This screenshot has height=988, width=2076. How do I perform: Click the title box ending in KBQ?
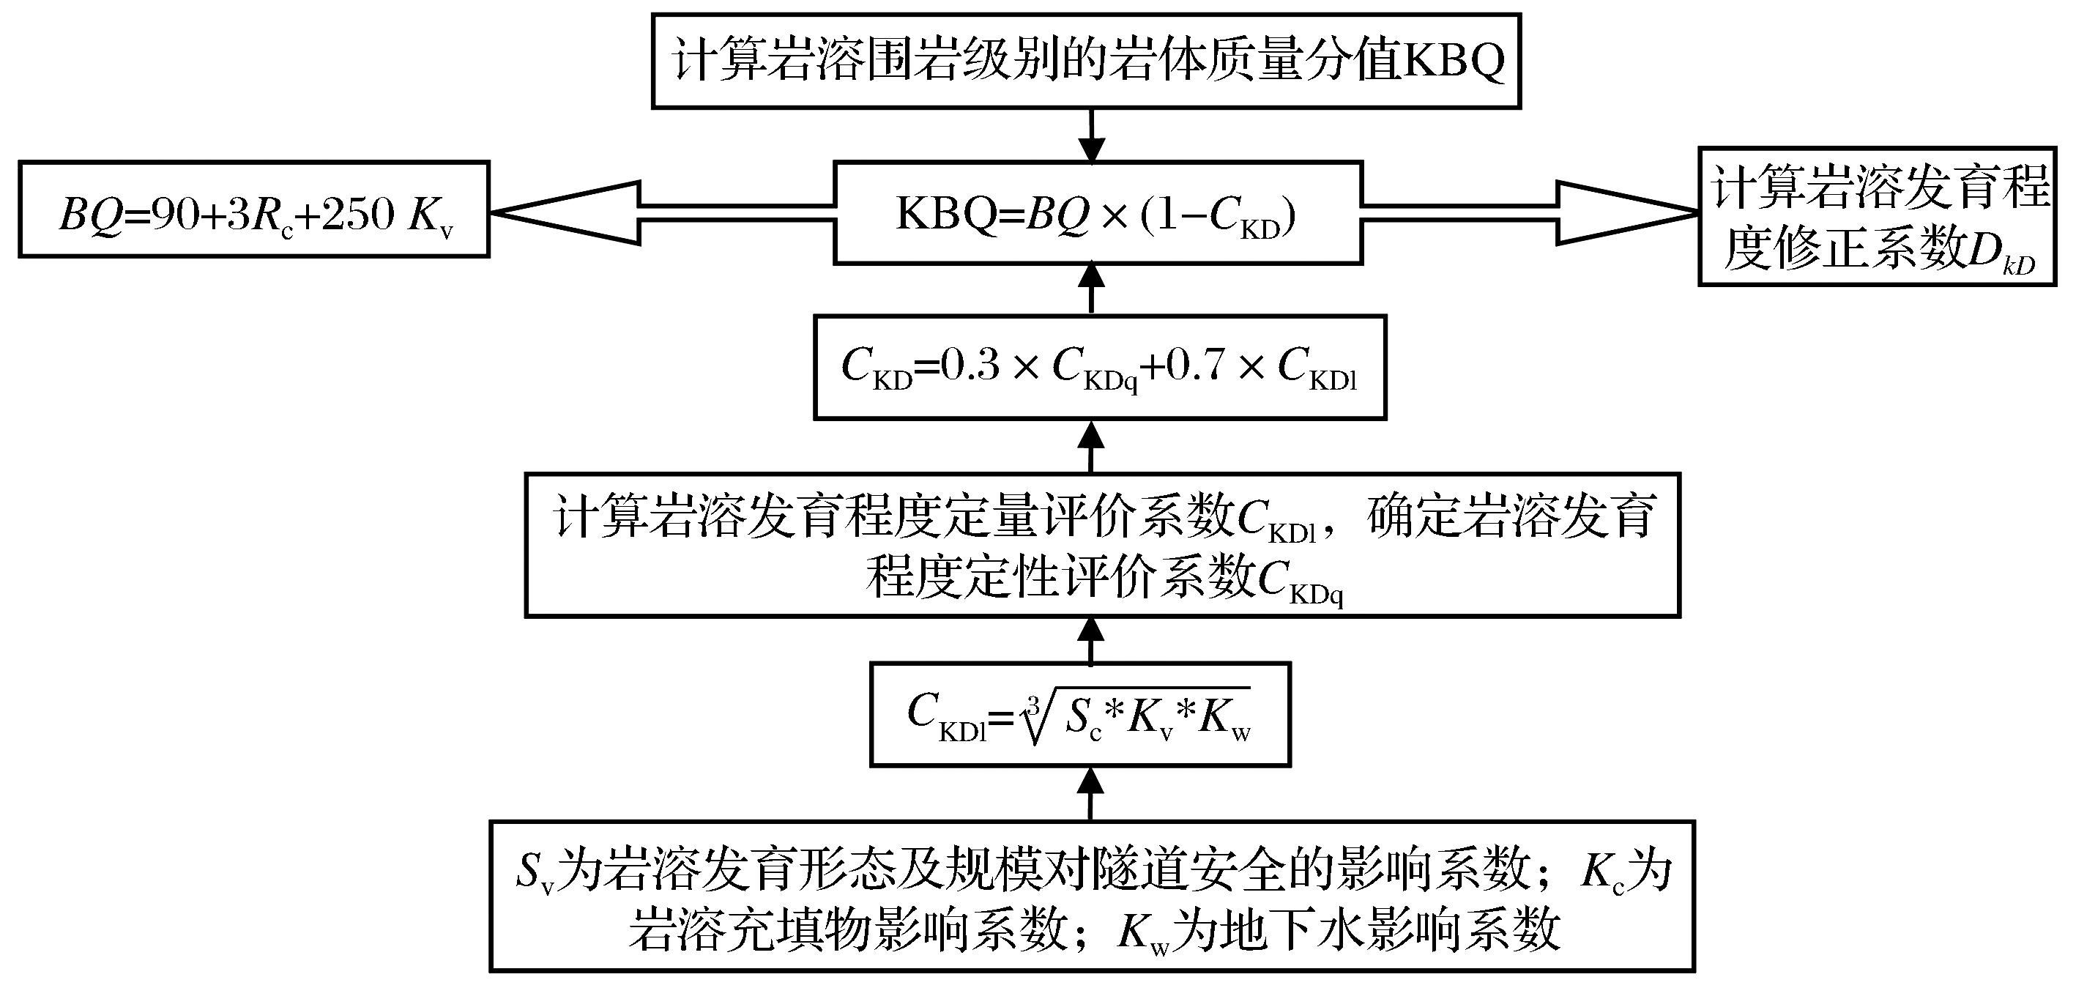(x=1085, y=61)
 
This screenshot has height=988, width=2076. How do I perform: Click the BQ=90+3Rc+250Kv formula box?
(x=254, y=209)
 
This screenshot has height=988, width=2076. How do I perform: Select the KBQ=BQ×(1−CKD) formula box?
(x=1098, y=212)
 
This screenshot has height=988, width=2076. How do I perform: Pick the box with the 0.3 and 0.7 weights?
(x=1099, y=368)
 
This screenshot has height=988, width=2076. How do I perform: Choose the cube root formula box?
(x=1080, y=714)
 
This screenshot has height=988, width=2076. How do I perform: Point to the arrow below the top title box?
(x=1092, y=135)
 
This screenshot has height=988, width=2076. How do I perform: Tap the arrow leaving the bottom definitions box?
(x=1091, y=793)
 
